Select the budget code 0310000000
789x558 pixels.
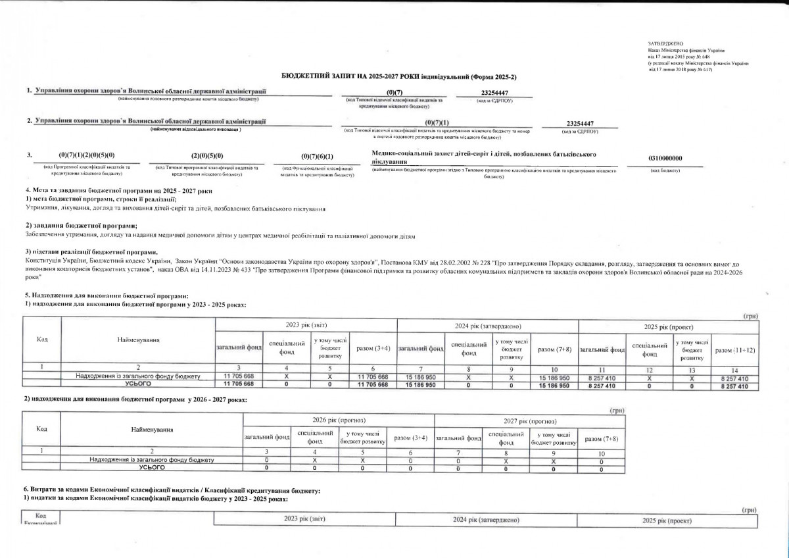click(x=665, y=158)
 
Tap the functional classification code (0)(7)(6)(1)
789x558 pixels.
click(x=317, y=157)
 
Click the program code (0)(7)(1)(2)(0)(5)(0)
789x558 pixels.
click(x=86, y=156)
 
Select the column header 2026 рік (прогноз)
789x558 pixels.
click(x=338, y=420)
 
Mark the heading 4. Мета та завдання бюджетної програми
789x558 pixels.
click(x=118, y=190)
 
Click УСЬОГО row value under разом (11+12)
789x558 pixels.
click(x=734, y=386)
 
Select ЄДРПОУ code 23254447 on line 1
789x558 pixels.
click(x=494, y=93)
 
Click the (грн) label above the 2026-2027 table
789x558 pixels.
click(x=617, y=410)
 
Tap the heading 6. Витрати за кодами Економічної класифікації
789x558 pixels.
click(x=172, y=491)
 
